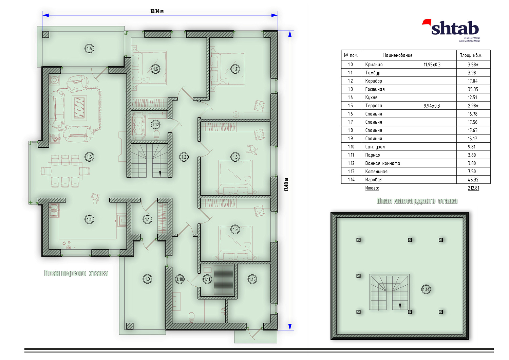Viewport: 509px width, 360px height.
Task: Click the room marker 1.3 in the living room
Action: click(x=89, y=157)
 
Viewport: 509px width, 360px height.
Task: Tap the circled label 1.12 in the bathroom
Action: click(x=155, y=125)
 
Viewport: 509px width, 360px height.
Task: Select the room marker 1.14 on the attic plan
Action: click(x=426, y=289)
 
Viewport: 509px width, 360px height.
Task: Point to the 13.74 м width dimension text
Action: click(x=157, y=11)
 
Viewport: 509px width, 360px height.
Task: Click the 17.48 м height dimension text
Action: click(x=286, y=184)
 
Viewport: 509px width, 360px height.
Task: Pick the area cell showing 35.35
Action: click(x=473, y=89)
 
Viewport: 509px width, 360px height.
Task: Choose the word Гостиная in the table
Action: click(x=375, y=89)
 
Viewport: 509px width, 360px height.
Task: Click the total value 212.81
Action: click(x=474, y=188)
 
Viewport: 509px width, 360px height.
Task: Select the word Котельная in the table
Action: click(x=376, y=172)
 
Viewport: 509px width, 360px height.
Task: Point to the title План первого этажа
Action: click(x=76, y=273)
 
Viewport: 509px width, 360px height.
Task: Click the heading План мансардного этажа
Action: click(x=417, y=201)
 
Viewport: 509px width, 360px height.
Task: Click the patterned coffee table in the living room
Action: click(x=79, y=108)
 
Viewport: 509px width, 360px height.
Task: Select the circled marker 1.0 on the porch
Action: click(x=148, y=279)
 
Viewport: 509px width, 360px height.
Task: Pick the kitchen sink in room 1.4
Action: click(x=54, y=210)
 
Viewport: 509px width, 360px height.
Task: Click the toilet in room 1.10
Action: click(x=192, y=318)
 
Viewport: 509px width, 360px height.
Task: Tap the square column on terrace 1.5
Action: click(x=46, y=34)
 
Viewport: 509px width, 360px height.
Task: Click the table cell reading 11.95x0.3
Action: click(x=432, y=65)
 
